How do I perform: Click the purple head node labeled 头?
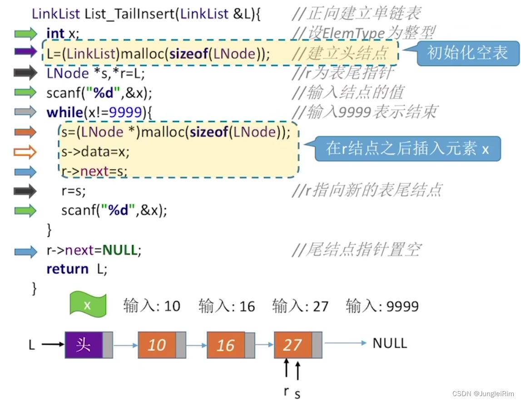point(84,345)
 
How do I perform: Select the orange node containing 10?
point(157,345)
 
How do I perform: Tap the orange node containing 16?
point(226,345)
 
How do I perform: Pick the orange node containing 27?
point(293,345)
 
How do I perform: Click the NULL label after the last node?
point(389,343)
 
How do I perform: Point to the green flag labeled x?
point(88,305)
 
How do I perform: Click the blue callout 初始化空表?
point(467,53)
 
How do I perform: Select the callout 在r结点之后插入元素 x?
point(407,148)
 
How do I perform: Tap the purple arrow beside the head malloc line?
point(25,52)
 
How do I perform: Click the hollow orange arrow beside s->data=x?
point(25,152)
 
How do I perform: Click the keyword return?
point(67,269)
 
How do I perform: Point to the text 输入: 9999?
point(382,306)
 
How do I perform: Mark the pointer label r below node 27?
point(286,391)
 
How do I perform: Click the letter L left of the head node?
point(32,345)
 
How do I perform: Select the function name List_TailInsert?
point(131,14)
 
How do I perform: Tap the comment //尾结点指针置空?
point(357,250)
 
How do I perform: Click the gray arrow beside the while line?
point(25,112)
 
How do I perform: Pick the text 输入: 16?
point(227,306)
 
